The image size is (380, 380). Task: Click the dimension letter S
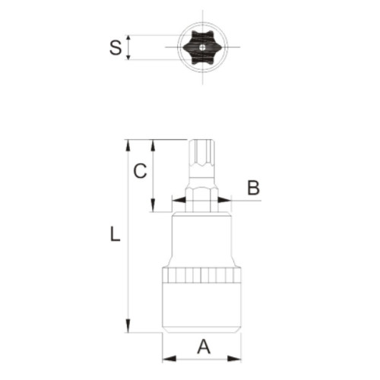tap(115, 47)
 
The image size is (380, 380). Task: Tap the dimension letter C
tap(140, 172)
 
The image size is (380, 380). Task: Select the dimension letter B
tap(254, 187)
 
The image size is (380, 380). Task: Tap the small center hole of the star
tap(204, 46)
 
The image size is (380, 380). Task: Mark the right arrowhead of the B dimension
tap(226, 201)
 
